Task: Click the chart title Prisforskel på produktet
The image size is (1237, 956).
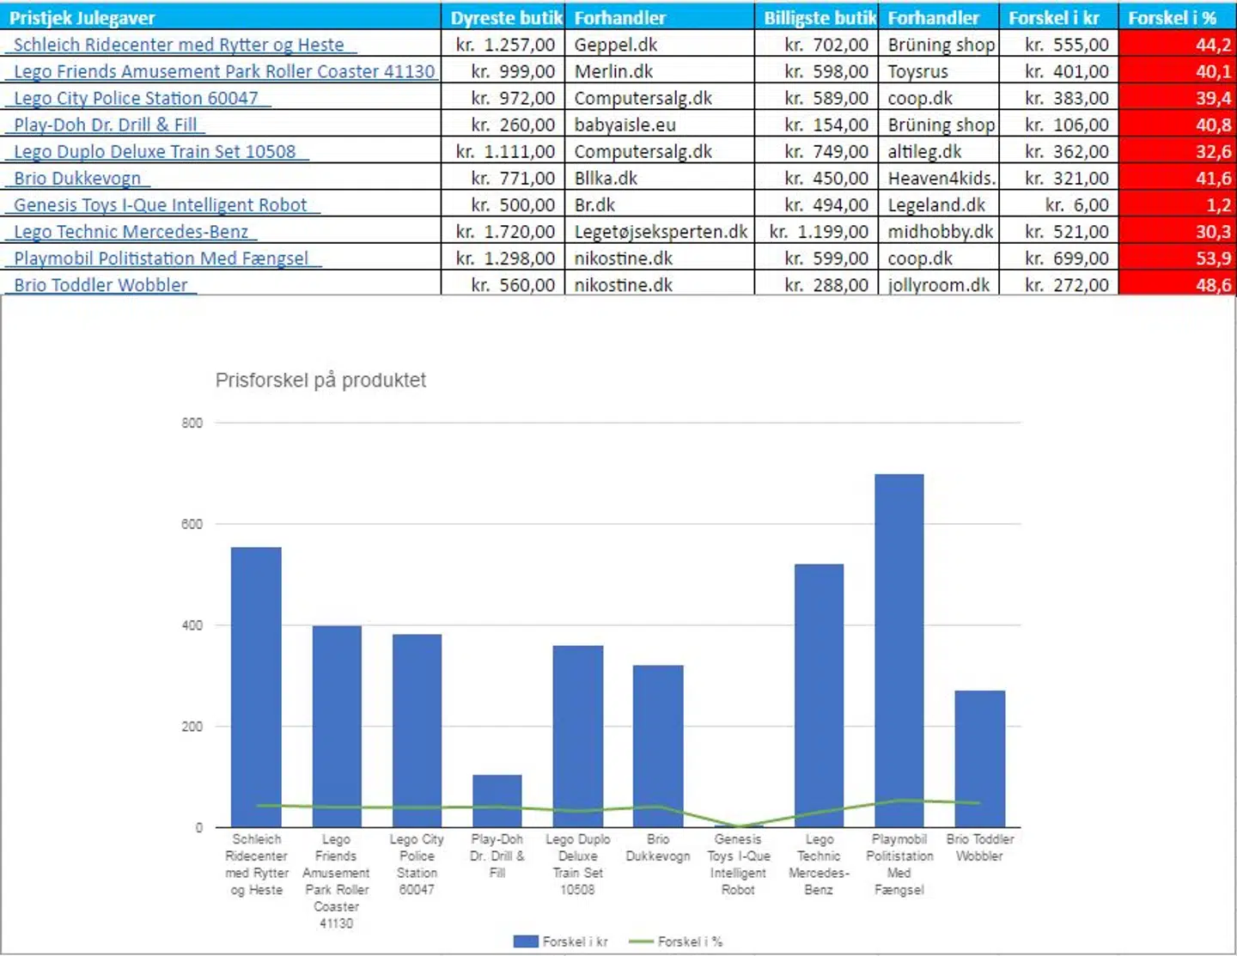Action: pyautogui.click(x=320, y=380)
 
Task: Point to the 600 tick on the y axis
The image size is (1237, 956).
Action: pyautogui.click(x=192, y=524)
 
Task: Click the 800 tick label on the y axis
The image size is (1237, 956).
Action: pyautogui.click(x=192, y=423)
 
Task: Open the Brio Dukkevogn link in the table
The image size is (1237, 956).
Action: pyautogui.click(x=77, y=179)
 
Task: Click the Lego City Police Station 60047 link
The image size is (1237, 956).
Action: pyautogui.click(x=136, y=99)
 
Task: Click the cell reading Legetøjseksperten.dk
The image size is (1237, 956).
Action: pyautogui.click(x=660, y=232)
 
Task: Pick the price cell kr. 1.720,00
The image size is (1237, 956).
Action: pyautogui.click(x=505, y=232)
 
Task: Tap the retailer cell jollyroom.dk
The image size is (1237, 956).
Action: pyautogui.click(x=938, y=285)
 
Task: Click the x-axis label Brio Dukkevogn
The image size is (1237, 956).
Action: pyautogui.click(x=657, y=848)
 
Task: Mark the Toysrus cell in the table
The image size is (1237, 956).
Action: pyautogui.click(x=917, y=72)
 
